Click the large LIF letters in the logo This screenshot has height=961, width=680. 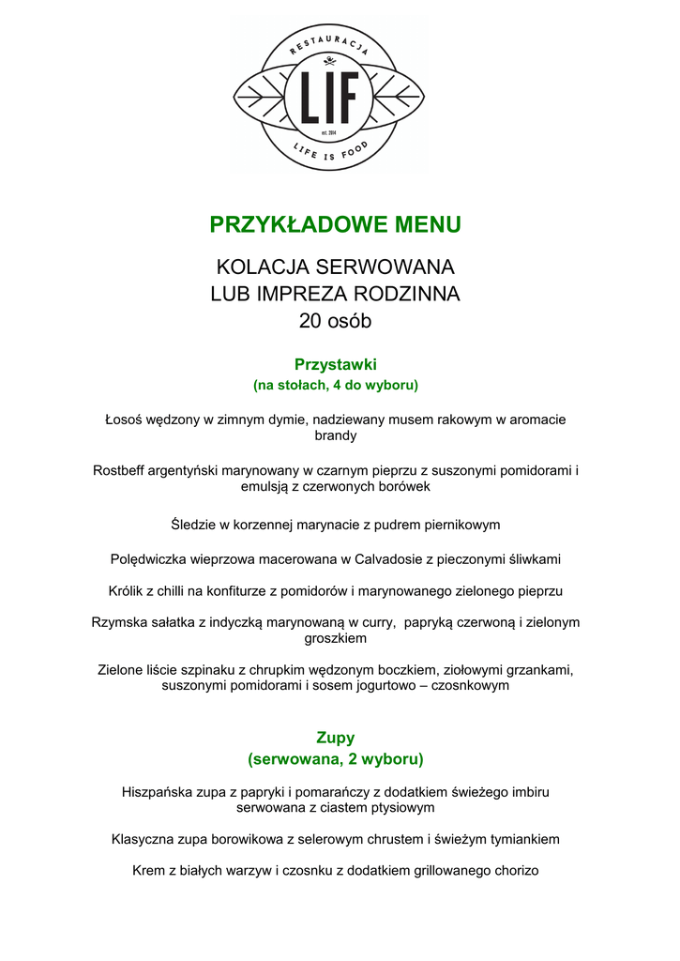(x=328, y=97)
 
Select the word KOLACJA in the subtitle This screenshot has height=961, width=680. (x=257, y=267)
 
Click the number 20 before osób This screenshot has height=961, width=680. (x=311, y=321)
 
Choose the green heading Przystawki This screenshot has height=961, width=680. (x=336, y=363)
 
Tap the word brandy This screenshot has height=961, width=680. (x=336, y=435)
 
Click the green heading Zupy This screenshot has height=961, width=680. (x=336, y=738)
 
